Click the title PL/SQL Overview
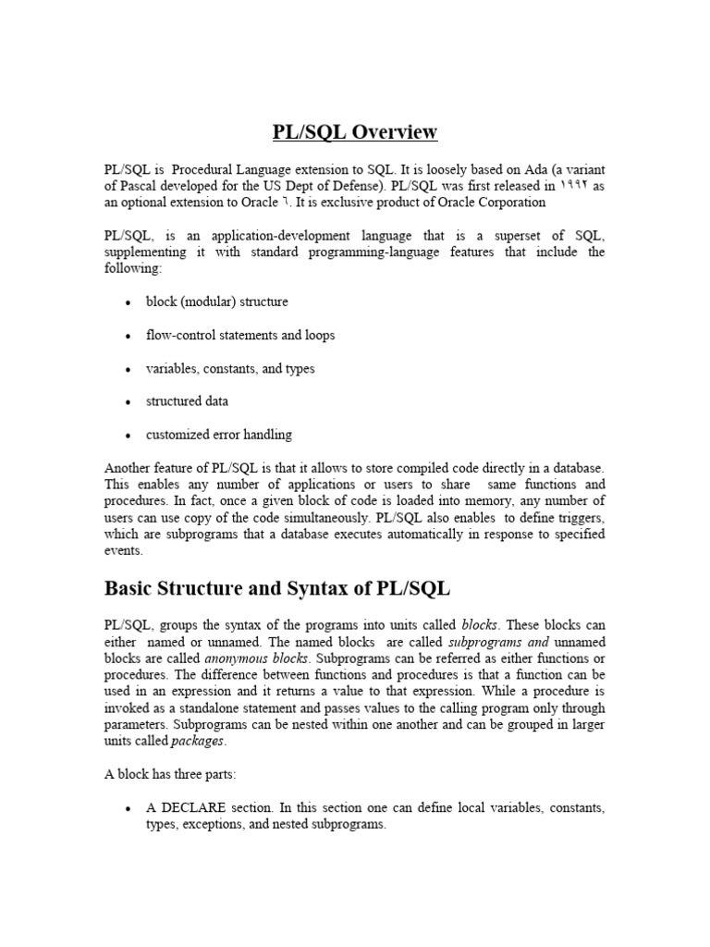tap(355, 133)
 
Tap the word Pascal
tap(144, 186)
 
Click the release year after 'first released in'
tap(574, 186)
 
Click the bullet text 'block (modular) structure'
tap(216, 302)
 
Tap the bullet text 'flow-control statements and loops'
tap(239, 336)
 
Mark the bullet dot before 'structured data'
tap(128, 402)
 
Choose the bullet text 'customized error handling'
tap(218, 435)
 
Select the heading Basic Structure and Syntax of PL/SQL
tap(277, 588)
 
